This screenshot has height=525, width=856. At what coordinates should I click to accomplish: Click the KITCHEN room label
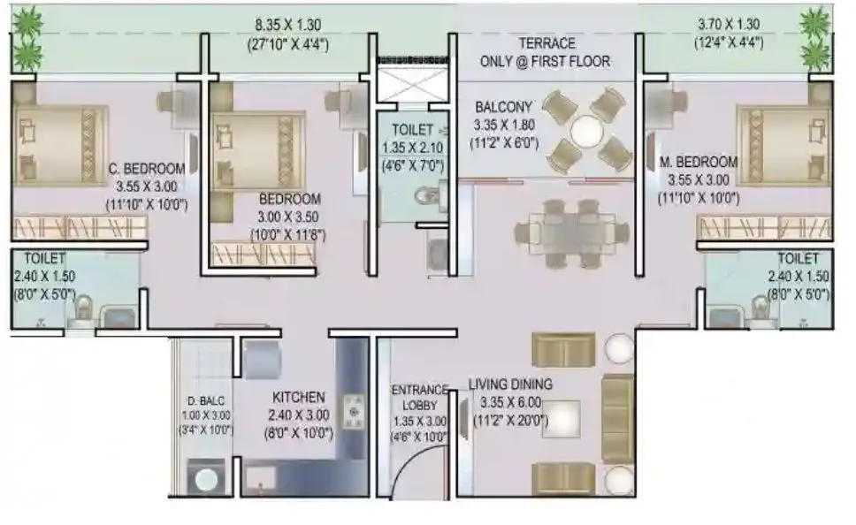tap(297, 398)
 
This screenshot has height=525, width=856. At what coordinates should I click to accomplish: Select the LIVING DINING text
tap(510, 384)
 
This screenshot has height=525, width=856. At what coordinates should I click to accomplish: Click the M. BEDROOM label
tap(698, 162)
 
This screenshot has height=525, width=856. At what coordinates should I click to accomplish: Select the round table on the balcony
tap(587, 133)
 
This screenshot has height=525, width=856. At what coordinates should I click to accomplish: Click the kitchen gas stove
tap(355, 408)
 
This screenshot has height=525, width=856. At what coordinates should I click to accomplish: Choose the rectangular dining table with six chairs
tap(570, 232)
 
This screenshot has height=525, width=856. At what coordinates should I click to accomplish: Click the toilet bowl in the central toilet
tap(428, 194)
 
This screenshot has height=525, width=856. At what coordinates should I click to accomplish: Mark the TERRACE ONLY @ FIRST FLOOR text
tap(545, 52)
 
